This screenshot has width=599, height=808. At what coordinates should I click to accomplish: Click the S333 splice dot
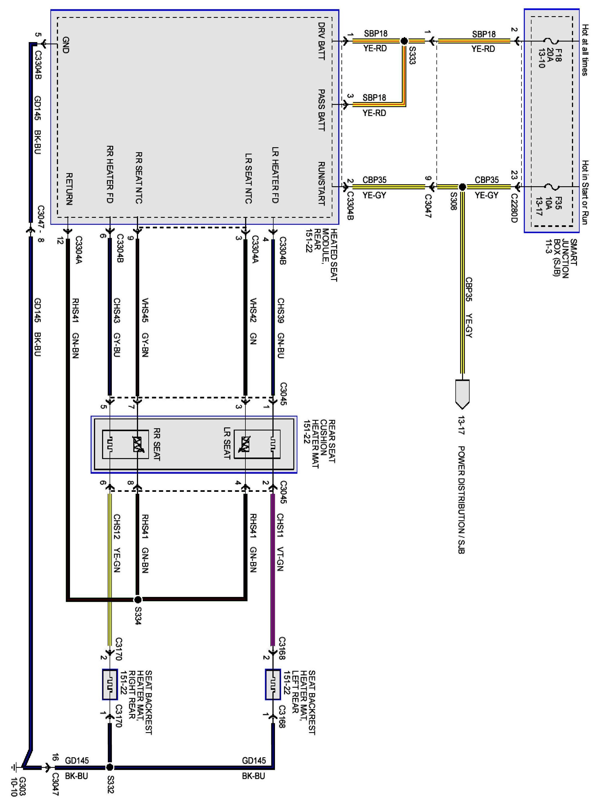click(x=404, y=41)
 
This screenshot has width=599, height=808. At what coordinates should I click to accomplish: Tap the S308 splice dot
click(x=462, y=187)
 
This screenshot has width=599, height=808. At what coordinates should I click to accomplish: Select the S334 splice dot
click(x=137, y=599)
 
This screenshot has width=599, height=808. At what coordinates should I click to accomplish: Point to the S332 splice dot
click(x=110, y=767)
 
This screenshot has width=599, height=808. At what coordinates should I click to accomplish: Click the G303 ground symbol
click(x=15, y=767)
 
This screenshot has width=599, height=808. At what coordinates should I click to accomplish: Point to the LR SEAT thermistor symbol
click(x=245, y=444)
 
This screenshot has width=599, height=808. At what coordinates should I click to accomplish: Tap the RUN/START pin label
click(x=321, y=183)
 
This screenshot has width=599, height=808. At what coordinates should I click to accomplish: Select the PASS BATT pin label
click(x=321, y=110)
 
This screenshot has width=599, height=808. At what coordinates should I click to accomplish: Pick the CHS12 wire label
click(x=117, y=526)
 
